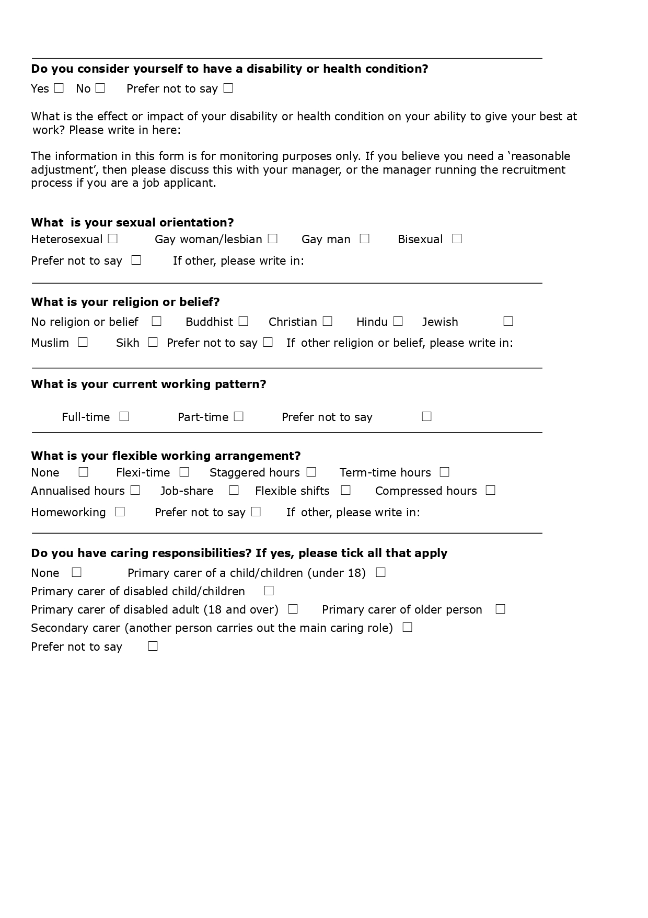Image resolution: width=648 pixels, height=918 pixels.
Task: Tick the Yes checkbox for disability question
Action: (59, 88)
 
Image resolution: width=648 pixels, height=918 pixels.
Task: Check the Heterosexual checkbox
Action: (113, 239)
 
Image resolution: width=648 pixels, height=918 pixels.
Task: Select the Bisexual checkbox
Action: (457, 239)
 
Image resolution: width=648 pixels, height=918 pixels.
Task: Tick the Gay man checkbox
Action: (365, 239)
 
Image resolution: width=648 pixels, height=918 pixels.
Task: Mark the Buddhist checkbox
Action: (243, 321)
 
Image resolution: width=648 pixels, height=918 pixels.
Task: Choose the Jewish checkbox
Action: (508, 321)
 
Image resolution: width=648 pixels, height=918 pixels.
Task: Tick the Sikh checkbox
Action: (153, 342)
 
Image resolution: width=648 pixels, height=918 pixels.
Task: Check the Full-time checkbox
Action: (124, 416)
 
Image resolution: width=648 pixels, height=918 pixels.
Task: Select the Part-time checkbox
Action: (238, 416)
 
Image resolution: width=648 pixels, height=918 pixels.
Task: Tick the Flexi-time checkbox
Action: (184, 472)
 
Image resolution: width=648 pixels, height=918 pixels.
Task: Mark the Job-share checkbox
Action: (234, 490)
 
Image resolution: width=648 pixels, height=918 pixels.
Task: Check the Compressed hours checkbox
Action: (490, 490)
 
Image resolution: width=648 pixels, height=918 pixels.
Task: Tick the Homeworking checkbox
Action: (120, 512)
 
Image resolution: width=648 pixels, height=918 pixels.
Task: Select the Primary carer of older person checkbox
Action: (500, 609)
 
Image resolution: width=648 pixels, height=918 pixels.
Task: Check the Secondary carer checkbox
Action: (408, 627)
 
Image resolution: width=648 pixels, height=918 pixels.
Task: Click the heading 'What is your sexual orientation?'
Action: (132, 223)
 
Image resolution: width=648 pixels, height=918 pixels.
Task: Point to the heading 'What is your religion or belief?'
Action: (125, 302)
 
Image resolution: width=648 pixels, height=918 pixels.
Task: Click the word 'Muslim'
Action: (50, 343)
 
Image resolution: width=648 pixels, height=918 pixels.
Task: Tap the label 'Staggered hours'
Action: (254, 473)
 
